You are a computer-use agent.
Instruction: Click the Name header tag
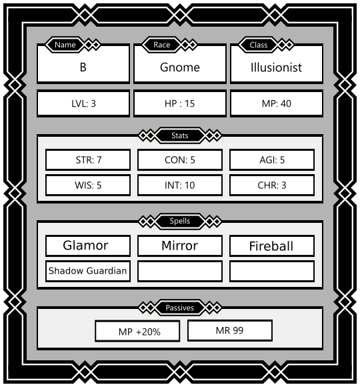pyautogui.click(x=65, y=45)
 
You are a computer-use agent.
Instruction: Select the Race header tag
pyautogui.click(x=162, y=45)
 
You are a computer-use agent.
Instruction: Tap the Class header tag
pyautogui.click(x=259, y=45)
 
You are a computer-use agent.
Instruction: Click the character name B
pyautogui.click(x=83, y=67)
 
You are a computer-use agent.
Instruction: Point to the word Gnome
pyautogui.click(x=180, y=67)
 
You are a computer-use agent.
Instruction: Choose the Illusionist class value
pyautogui.click(x=276, y=67)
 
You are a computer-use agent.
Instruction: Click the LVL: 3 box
pyautogui.click(x=83, y=103)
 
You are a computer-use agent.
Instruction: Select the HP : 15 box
pyautogui.click(x=180, y=103)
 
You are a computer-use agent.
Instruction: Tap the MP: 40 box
pyautogui.click(x=277, y=103)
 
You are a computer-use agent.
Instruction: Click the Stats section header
pyautogui.click(x=180, y=135)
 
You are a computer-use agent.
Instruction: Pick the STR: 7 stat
pyautogui.click(x=88, y=159)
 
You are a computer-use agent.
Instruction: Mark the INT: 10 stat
pyautogui.click(x=180, y=185)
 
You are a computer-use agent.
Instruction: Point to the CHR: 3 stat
pyautogui.click(x=272, y=185)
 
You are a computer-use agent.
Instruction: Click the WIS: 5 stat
pyautogui.click(x=88, y=185)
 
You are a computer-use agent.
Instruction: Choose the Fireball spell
pyautogui.click(x=272, y=246)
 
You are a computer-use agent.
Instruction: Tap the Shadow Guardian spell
pyautogui.click(x=88, y=271)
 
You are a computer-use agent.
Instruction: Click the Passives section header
pyautogui.click(x=180, y=308)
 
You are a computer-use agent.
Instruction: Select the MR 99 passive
pyautogui.click(x=230, y=330)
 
